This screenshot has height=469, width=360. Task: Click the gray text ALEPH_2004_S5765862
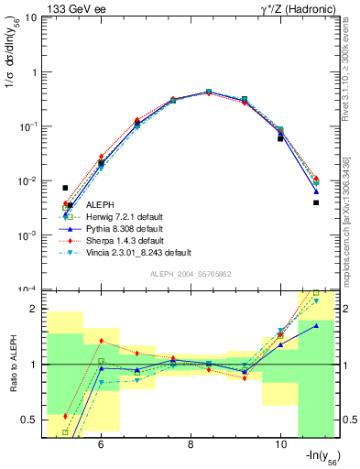tap(191, 275)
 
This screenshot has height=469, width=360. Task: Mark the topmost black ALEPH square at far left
tap(65, 188)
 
